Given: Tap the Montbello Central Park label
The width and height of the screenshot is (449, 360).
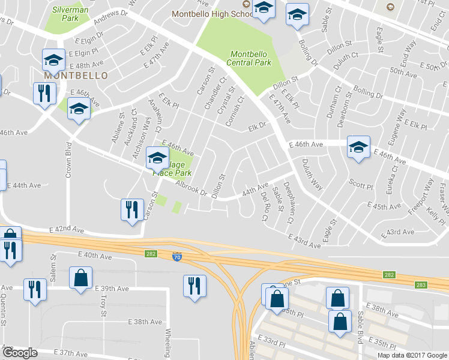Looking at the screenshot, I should [249, 58].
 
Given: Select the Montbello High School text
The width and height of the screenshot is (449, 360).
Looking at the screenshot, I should [212, 13].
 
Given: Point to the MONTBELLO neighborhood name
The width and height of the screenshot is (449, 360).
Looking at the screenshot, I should [76, 76].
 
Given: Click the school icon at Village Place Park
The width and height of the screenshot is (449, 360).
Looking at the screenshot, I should [157, 158].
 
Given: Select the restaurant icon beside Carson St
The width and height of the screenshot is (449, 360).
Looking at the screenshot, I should [131, 209].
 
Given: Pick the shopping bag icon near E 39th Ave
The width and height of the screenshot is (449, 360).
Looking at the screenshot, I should [80, 278].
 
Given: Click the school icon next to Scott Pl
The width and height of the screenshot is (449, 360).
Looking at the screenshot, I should [358, 147].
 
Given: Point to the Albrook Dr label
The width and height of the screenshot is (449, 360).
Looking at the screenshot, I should [191, 190].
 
